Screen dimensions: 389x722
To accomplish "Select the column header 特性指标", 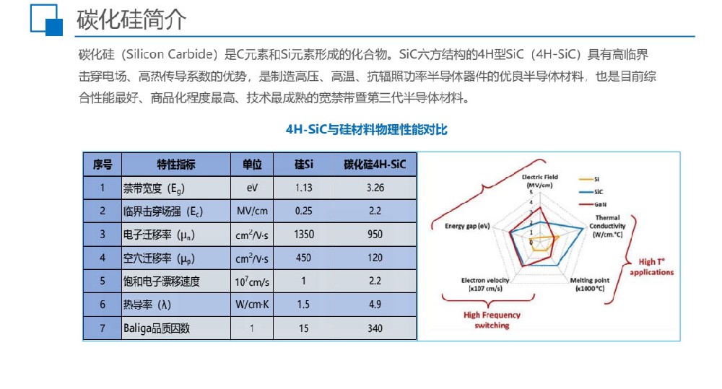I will [176, 165].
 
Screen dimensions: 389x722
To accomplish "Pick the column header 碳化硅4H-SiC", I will [375, 165].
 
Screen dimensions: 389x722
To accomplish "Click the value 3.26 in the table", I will [375, 188].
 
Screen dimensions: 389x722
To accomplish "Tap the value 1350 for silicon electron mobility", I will [304, 235].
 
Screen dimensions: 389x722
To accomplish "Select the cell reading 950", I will [375, 235].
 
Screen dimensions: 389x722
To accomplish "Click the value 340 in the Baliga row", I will [375, 328].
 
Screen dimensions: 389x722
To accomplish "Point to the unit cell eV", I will [251, 188].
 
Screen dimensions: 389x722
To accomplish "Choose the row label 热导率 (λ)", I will [147, 305].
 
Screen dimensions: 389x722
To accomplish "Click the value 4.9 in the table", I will [375, 305].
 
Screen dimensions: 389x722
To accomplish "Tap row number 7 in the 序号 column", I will [103, 328].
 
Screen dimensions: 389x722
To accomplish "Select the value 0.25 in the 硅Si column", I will [304, 211].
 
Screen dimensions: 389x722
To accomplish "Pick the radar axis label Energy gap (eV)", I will [467, 226].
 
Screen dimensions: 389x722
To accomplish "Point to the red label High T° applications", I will [651, 267].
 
